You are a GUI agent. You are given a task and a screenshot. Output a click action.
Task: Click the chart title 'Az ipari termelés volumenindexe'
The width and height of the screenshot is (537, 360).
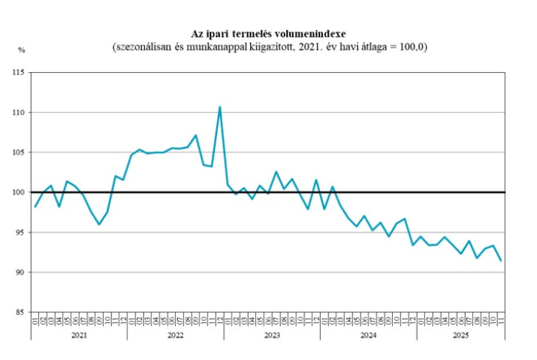click(268, 34)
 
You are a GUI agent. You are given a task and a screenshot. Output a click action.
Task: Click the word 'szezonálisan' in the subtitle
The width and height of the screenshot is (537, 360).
click(143, 47)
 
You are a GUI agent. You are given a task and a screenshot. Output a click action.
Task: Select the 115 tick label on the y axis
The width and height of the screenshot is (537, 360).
click(18, 73)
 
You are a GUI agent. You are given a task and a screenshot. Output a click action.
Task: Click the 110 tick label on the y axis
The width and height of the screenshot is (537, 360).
click(18, 113)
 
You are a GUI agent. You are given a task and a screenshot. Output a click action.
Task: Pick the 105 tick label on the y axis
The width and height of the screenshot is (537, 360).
click(18, 152)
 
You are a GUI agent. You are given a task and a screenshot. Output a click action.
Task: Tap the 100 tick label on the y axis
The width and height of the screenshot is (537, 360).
click(18, 193)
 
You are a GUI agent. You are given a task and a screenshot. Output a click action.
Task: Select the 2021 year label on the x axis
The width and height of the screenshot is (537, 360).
click(79, 335)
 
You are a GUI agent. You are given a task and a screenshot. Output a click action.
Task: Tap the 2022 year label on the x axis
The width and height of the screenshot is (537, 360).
click(175, 335)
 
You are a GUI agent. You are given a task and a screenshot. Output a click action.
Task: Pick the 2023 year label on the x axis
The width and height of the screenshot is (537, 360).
click(271, 335)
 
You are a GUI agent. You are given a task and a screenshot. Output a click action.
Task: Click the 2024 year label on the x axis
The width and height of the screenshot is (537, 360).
click(368, 335)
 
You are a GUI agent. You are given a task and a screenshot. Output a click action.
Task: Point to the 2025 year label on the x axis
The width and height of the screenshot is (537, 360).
click(460, 335)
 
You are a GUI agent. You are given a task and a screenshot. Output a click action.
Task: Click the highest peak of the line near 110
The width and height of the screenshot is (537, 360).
click(220, 107)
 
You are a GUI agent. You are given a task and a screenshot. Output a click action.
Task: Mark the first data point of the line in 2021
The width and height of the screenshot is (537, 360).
click(35, 207)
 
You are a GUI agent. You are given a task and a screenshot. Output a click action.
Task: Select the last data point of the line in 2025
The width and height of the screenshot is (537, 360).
click(501, 261)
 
